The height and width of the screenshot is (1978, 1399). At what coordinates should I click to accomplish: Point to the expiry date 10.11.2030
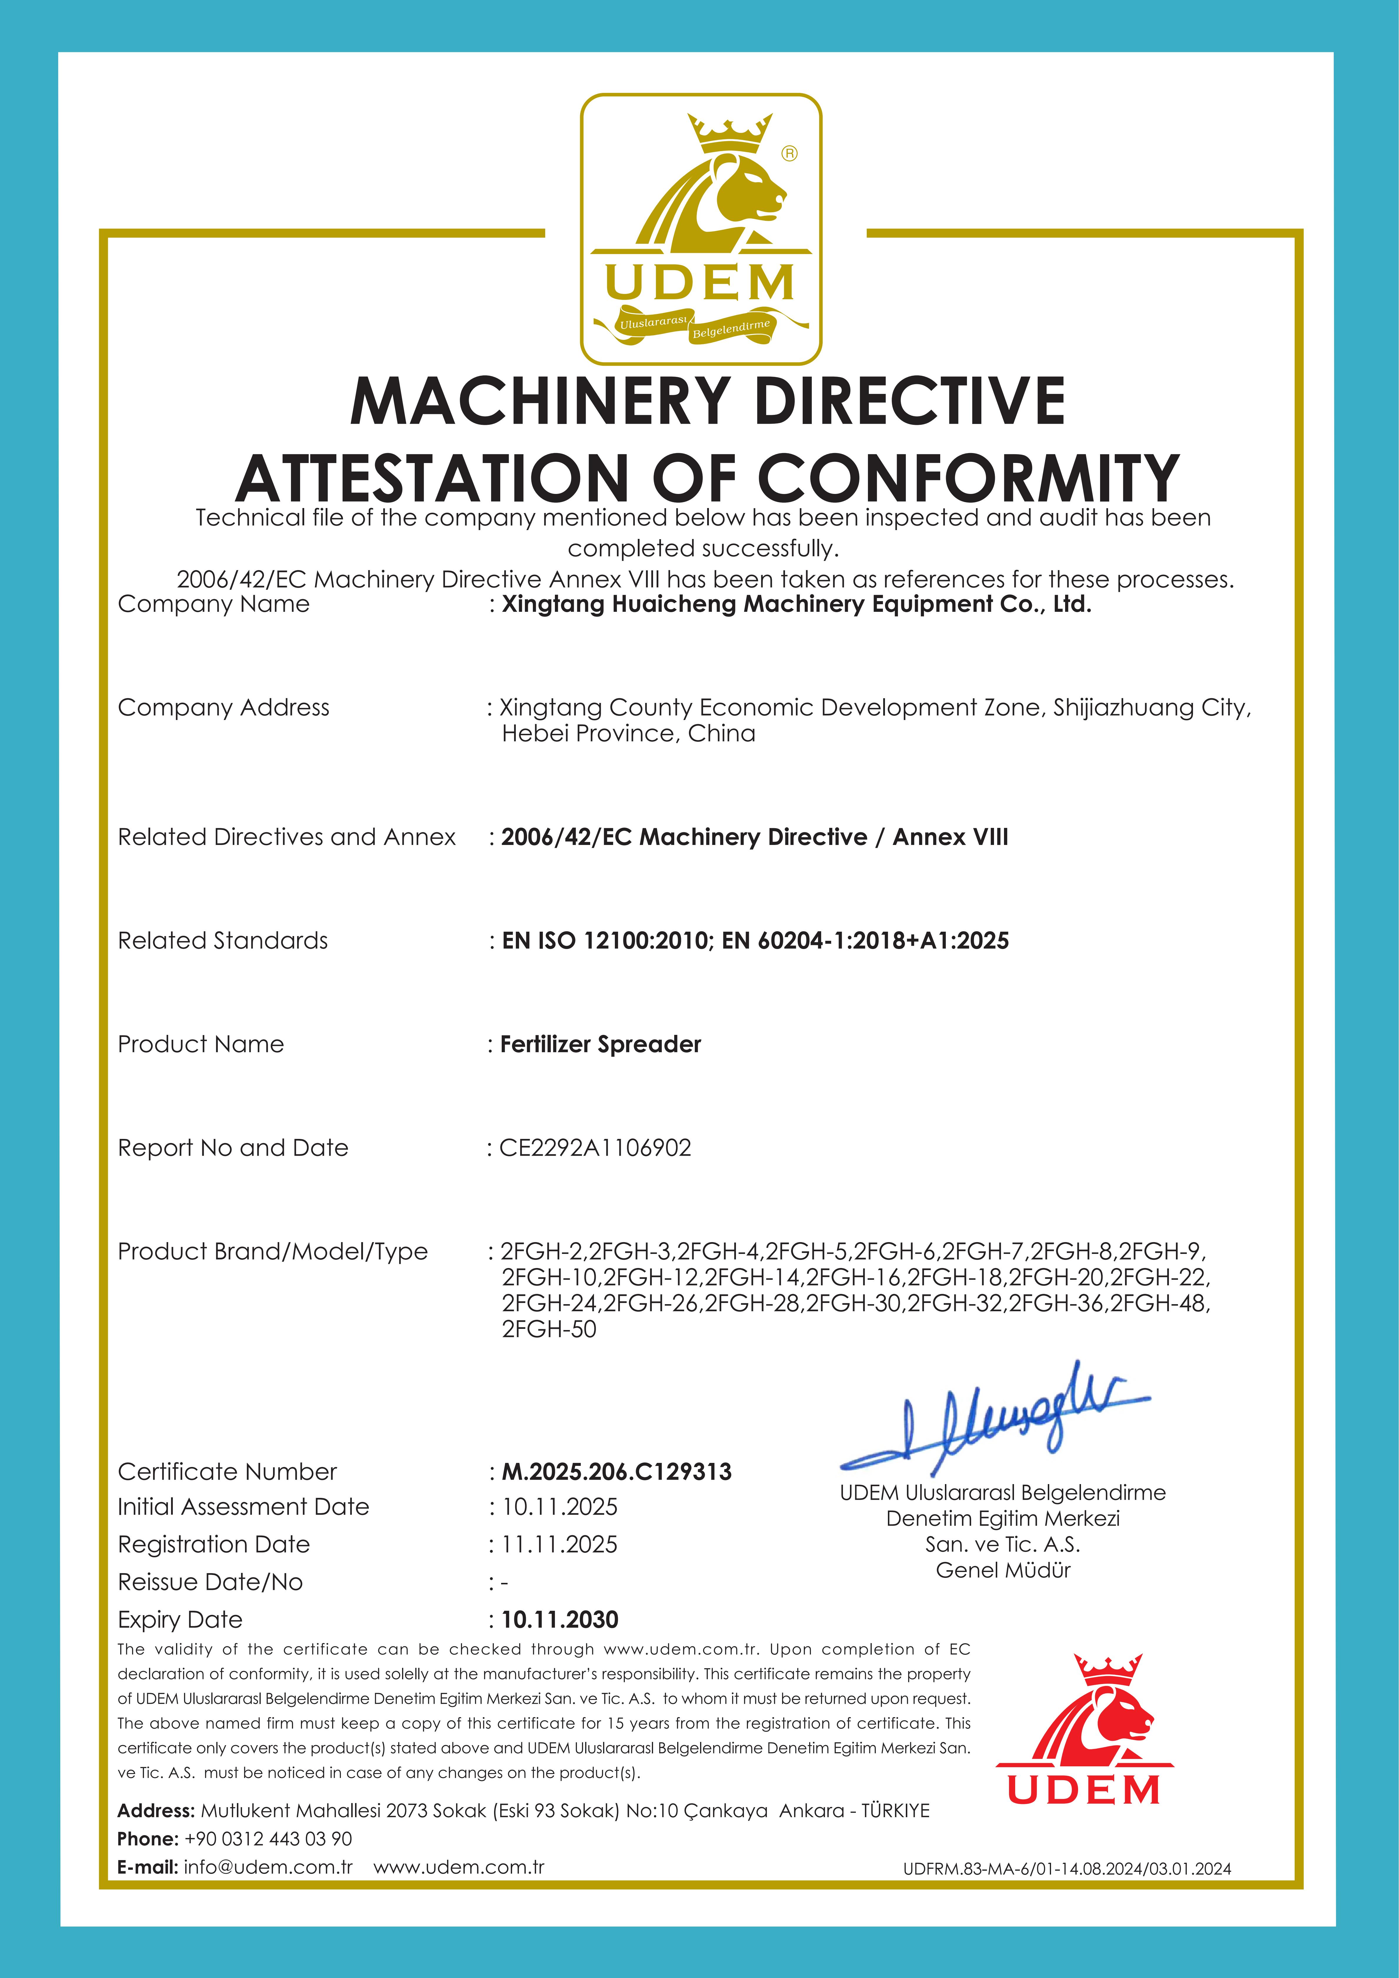560,1620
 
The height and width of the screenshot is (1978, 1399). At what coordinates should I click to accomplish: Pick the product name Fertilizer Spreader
600,1044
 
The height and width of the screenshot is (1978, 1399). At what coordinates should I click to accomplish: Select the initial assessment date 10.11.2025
560,1507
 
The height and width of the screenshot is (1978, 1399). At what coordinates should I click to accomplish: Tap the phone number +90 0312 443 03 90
268,1838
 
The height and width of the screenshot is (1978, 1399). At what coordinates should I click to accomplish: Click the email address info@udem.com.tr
268,1867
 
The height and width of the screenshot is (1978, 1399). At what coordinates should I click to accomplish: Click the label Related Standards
223,941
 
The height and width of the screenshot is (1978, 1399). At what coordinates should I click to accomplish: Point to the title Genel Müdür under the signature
1003,1570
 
